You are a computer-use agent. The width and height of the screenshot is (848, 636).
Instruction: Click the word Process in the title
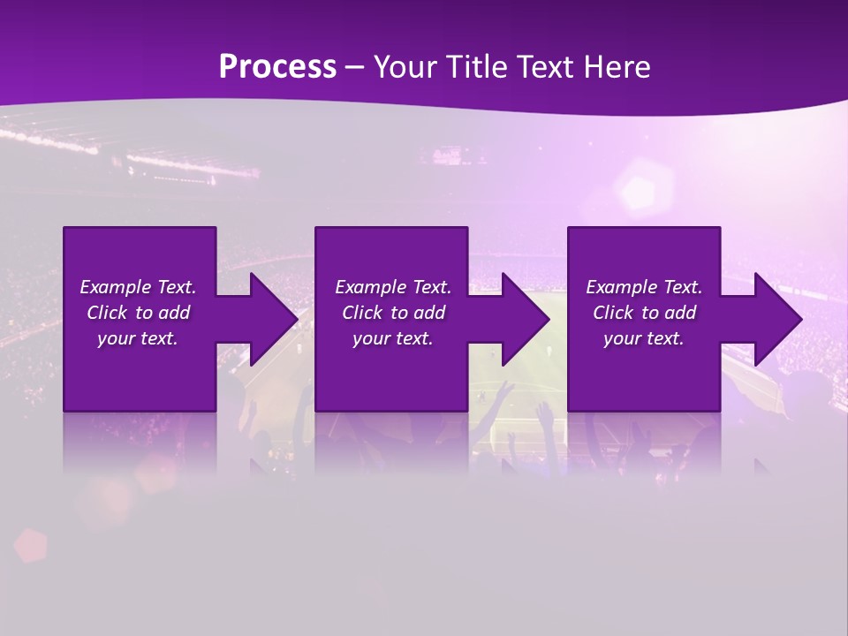(x=277, y=67)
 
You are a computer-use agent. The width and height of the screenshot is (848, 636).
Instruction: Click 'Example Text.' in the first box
(x=138, y=287)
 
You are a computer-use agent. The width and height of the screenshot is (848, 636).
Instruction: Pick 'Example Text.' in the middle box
(x=393, y=287)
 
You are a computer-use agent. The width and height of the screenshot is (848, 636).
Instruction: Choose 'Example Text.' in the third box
(x=644, y=287)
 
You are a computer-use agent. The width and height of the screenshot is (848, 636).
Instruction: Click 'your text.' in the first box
(x=138, y=338)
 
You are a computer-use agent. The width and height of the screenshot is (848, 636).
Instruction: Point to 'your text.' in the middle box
(x=393, y=338)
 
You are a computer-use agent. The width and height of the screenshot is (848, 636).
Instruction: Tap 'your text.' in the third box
(x=644, y=338)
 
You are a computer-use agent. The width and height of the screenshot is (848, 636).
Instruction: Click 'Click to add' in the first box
(x=138, y=313)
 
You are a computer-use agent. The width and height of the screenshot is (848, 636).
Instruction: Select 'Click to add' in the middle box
(x=393, y=313)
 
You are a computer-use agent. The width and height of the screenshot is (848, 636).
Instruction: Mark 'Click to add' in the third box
(x=644, y=313)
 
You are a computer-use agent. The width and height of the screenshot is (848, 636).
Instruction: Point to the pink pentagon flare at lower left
(x=31, y=545)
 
